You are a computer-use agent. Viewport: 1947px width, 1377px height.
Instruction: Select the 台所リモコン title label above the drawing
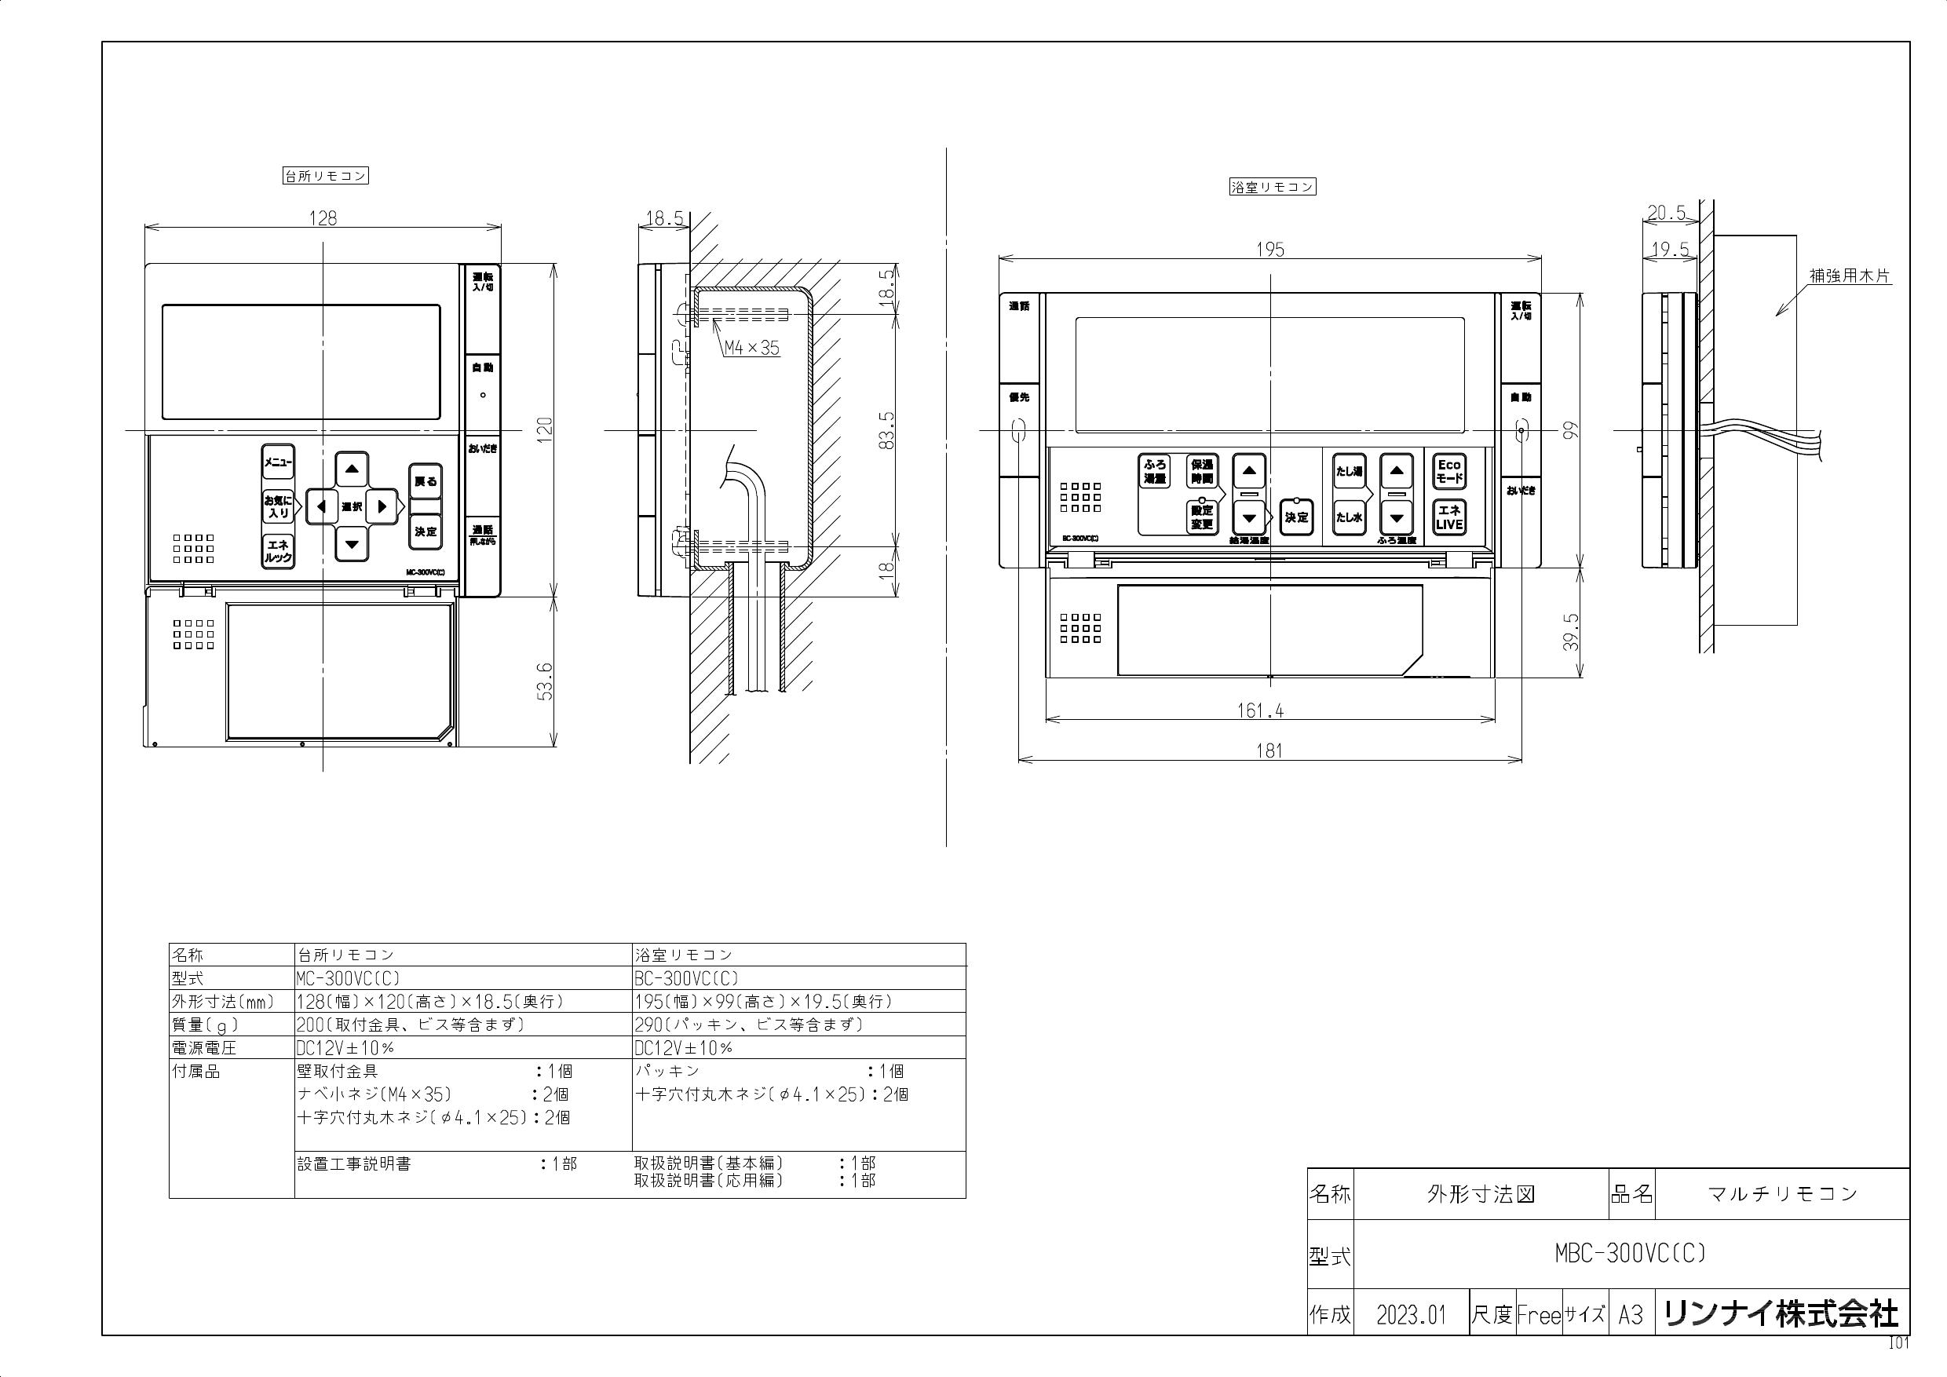coord(325,177)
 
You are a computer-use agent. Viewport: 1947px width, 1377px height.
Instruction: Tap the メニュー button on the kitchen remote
coord(277,462)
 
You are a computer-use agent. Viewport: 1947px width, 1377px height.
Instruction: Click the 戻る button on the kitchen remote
coord(426,481)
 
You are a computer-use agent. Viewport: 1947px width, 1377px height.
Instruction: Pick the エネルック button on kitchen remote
coord(277,552)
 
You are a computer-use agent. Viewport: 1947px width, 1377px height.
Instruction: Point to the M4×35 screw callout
coord(751,348)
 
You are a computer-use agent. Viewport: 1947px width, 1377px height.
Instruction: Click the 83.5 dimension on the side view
coord(887,430)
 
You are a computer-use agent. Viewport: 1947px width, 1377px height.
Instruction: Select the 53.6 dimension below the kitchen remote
coord(546,681)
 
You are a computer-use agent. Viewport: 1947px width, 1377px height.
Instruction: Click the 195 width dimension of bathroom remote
coord(1269,250)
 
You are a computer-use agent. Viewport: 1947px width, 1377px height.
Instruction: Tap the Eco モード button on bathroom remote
coord(1449,472)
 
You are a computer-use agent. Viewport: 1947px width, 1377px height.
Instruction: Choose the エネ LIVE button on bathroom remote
coord(1449,517)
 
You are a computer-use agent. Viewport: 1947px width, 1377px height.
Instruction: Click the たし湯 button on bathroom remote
coord(1348,472)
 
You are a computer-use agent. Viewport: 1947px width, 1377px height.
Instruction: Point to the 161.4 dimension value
coord(1260,710)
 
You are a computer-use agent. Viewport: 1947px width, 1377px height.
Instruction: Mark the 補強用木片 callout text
coord(1850,276)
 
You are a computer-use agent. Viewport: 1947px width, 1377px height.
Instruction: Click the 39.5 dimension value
coord(1571,632)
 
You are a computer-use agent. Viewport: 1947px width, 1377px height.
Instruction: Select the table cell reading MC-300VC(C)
coord(348,977)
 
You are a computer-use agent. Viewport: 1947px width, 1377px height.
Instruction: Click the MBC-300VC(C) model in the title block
coord(1630,1253)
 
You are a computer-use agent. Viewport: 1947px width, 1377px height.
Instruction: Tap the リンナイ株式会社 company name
coord(1781,1314)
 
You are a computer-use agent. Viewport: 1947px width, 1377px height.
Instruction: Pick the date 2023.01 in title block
coord(1410,1315)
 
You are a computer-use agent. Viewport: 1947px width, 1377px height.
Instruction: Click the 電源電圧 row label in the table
coord(204,1048)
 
